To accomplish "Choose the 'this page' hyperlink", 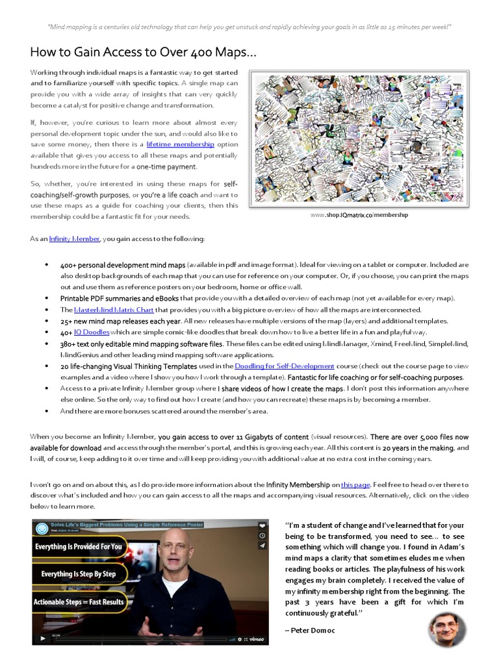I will coord(355,484).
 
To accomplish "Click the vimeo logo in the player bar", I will coord(258,639).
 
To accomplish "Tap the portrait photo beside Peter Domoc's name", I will coord(447,629).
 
